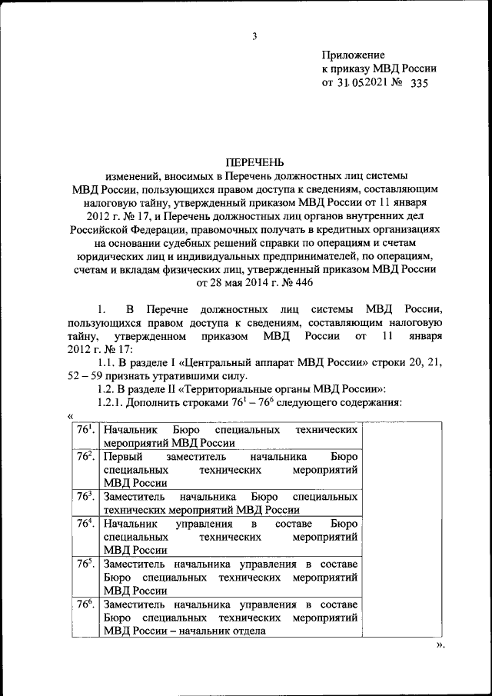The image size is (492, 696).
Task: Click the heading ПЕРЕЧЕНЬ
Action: (253, 162)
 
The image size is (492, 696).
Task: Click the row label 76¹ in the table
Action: (85, 431)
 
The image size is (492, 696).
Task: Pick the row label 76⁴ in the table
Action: (85, 523)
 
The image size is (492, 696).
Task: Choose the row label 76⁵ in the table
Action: (85, 564)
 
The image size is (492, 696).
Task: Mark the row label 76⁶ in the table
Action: (85, 604)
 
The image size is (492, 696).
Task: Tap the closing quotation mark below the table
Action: (440, 645)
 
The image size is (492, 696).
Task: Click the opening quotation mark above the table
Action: (71, 416)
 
